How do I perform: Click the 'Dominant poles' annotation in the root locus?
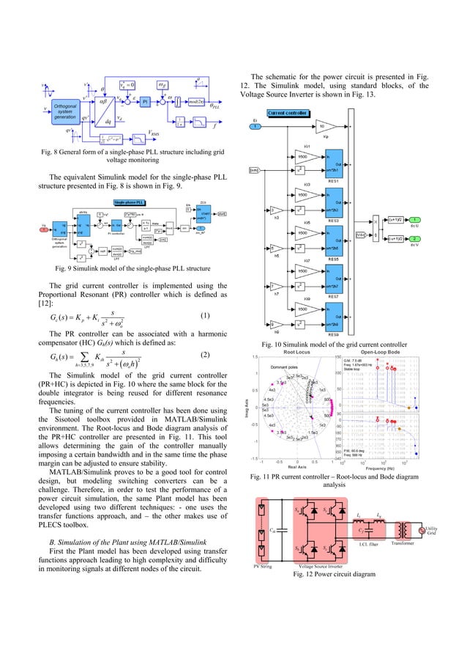pos(288,367)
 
